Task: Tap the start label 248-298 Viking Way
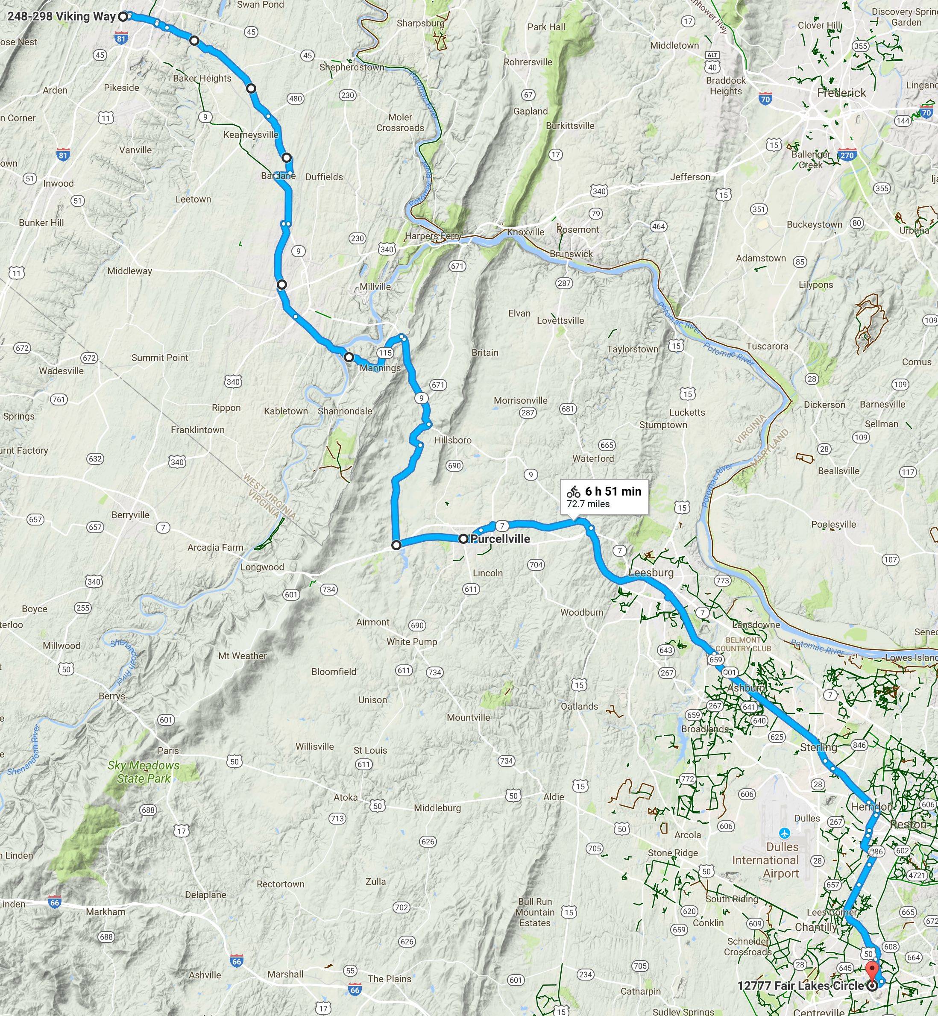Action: click(x=62, y=16)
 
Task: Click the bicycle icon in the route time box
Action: click(x=574, y=491)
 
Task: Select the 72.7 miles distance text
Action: click(x=588, y=504)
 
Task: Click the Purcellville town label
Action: click(x=501, y=539)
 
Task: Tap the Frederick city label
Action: click(x=841, y=93)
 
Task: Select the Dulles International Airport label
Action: click(x=765, y=860)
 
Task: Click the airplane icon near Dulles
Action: click(x=785, y=833)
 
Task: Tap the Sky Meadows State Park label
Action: click(x=144, y=771)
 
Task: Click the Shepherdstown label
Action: click(x=352, y=67)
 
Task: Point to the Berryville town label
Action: click(x=130, y=515)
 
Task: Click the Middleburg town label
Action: click(x=437, y=808)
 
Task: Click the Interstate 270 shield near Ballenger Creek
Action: click(x=847, y=156)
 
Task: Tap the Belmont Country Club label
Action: click(x=748, y=644)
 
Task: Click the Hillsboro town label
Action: click(x=453, y=440)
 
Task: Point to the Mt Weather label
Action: click(x=243, y=655)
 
